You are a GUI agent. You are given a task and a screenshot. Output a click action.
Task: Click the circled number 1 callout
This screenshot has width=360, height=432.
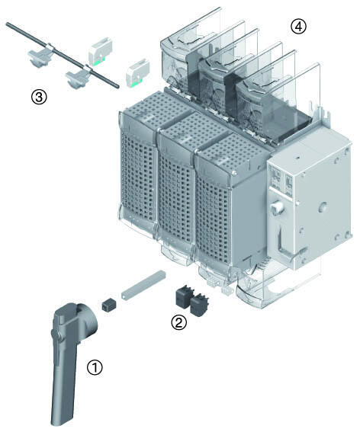point(95,367)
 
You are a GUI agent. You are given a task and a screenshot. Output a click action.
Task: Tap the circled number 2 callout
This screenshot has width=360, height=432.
point(178,322)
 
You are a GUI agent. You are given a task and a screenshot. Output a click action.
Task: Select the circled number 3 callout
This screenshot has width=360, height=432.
point(39,97)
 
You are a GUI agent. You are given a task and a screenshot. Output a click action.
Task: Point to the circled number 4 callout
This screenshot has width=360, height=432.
point(298,27)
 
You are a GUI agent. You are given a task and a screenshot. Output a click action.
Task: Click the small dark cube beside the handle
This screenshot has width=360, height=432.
point(109,305)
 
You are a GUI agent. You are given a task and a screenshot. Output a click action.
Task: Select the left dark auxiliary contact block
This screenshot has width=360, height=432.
point(185,296)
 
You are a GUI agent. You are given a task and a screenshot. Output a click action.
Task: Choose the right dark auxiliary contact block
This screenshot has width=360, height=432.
point(199,306)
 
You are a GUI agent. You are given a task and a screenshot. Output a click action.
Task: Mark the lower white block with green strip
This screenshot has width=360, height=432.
point(137,72)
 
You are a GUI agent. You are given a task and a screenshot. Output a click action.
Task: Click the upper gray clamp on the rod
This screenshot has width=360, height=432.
point(42,54)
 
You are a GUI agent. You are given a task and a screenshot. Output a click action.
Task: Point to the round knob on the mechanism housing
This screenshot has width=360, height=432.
point(277,207)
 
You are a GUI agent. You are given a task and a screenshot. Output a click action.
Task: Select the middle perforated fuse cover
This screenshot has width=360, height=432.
point(176,187)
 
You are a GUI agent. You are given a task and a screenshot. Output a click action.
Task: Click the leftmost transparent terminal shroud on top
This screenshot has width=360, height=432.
point(191,55)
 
